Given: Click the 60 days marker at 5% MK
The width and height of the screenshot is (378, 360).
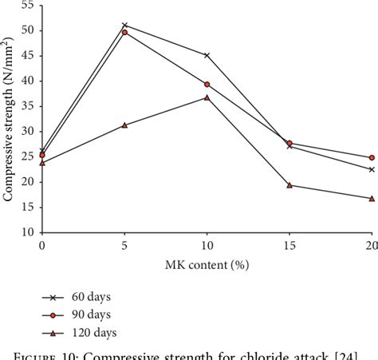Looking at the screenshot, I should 124,26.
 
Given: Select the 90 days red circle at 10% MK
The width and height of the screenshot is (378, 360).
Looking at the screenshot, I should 207,84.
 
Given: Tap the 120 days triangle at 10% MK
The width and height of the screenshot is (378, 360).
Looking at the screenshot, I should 207,97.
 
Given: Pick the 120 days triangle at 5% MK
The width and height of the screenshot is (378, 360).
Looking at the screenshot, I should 124,125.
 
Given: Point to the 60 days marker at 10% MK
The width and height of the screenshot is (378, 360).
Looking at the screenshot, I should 207,55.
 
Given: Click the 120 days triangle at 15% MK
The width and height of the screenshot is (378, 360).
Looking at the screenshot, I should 289,185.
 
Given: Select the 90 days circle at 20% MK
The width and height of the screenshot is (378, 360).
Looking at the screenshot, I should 371,157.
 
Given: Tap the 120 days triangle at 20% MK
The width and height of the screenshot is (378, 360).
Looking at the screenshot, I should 371,198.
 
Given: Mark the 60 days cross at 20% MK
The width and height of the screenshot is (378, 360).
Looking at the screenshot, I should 371,169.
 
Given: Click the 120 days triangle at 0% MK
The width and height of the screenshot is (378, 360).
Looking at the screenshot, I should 42,162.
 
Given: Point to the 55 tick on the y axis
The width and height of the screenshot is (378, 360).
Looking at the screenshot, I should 26,6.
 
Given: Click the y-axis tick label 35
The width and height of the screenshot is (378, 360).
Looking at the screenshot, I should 26,106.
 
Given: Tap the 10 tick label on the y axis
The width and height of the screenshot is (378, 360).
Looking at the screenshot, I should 26,232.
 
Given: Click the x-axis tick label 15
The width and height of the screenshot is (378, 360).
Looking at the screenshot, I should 289,247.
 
